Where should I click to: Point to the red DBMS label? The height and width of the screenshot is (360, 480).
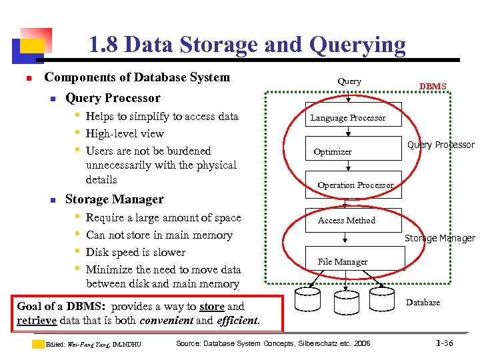pyautogui.click(x=432, y=86)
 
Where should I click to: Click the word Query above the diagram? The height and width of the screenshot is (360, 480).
pyautogui.click(x=349, y=81)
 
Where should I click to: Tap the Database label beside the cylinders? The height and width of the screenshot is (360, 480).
pyautogui.click(x=423, y=302)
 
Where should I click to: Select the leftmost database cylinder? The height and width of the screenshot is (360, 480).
pyautogui.click(x=307, y=301)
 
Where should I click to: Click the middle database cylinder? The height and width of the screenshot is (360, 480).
pyautogui.click(x=344, y=301)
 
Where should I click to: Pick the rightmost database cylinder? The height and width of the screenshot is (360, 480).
pyautogui.click(x=381, y=301)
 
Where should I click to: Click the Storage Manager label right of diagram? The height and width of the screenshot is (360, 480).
pyautogui.click(x=439, y=238)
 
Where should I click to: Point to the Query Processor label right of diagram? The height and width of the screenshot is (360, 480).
pyautogui.click(x=441, y=145)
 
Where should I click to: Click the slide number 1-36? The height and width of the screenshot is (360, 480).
pyautogui.click(x=444, y=343)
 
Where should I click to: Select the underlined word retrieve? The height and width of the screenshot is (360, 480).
pyautogui.click(x=37, y=320)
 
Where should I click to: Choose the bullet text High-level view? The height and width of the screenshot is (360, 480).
pyautogui.click(x=125, y=133)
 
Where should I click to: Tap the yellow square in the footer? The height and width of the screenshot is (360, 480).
pyautogui.click(x=39, y=344)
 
